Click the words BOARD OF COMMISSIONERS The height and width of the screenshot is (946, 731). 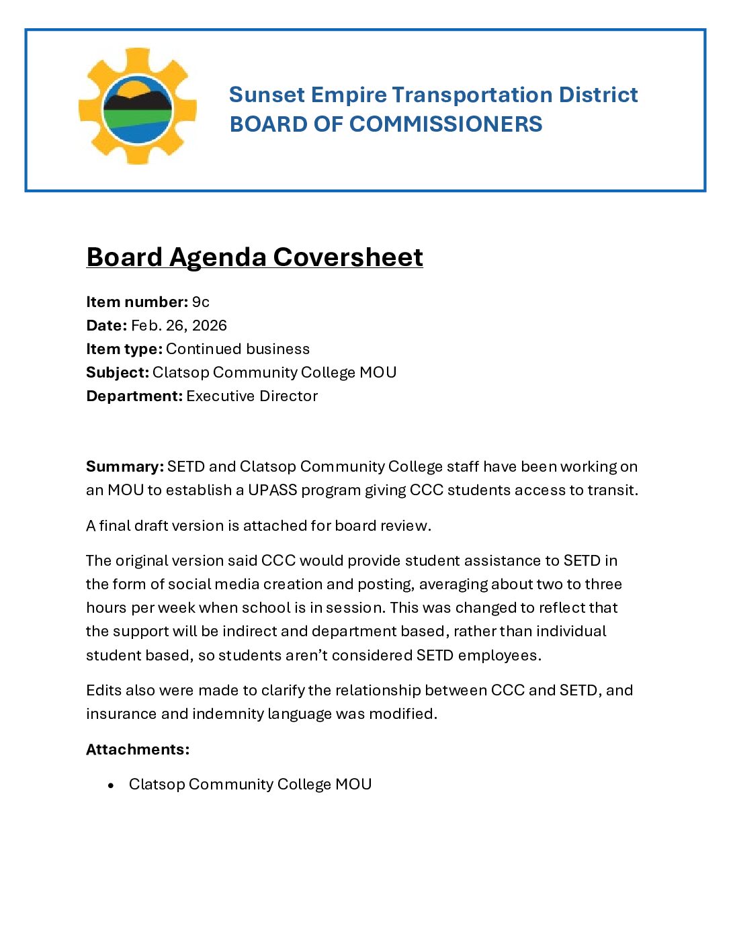click(386, 124)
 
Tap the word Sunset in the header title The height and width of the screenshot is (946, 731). click(267, 95)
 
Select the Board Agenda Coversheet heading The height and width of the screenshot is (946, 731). click(255, 257)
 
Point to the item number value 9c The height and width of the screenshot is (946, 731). click(200, 302)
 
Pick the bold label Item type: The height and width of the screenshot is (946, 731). click(124, 349)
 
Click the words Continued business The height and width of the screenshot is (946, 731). click(238, 349)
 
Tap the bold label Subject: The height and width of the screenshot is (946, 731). click(117, 373)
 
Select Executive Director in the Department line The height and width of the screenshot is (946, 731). click(252, 396)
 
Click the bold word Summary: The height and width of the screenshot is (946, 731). click(124, 467)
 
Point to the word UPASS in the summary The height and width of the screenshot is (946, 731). click(272, 490)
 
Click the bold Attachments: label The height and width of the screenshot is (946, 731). click(138, 750)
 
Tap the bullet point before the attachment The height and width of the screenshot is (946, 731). click(111, 785)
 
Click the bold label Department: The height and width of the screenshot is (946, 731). click(134, 396)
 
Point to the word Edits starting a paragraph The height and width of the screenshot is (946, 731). click(102, 691)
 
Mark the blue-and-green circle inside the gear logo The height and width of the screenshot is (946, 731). click(138, 109)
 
